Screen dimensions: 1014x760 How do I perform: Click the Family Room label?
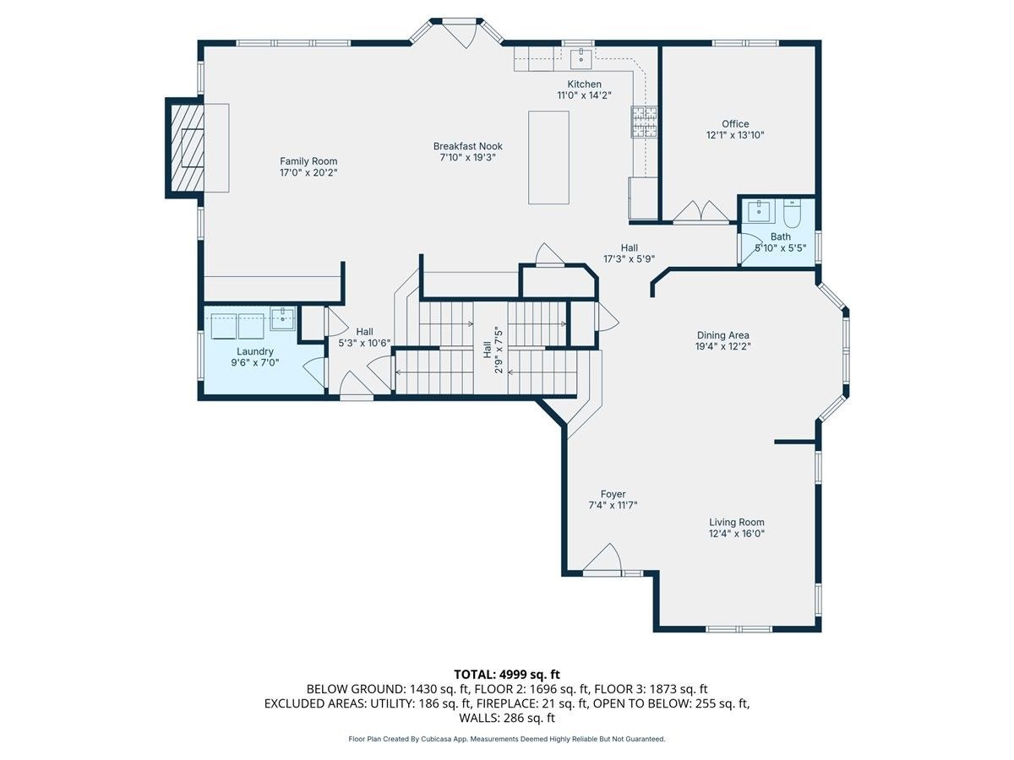coord(308,161)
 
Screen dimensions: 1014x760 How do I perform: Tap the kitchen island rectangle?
coord(548,157)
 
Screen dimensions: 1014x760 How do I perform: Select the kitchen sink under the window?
coord(581,58)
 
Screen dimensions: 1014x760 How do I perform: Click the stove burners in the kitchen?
coord(644,122)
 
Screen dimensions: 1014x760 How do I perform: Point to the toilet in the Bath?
coord(792,214)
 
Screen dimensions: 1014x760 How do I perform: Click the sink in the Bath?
coord(759,212)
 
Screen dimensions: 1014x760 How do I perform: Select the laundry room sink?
coord(282,319)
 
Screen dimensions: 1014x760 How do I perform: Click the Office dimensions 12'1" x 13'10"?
coord(735,135)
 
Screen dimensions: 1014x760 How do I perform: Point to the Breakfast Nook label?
coord(467,146)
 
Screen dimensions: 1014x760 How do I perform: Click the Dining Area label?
coord(723,335)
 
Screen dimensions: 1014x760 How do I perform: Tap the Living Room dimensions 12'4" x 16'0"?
coord(737,534)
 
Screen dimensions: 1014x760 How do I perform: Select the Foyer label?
coord(613,494)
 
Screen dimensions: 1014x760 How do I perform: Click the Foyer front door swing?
coord(602,559)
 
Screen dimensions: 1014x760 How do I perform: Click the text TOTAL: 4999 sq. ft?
coord(507,675)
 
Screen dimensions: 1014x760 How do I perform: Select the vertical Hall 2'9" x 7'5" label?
coord(493,350)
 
